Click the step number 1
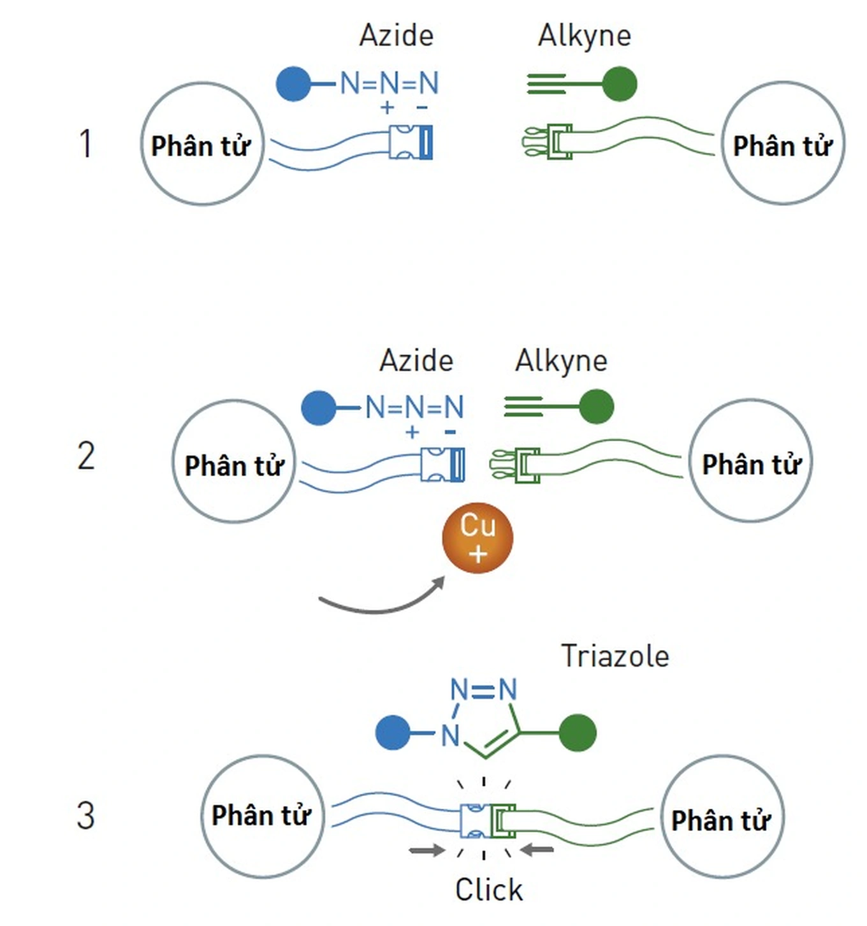pyautogui.click(x=85, y=143)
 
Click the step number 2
pyautogui.click(x=86, y=456)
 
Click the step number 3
pyautogui.click(x=86, y=816)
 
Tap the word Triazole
pyautogui.click(x=615, y=656)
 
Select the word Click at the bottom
pyautogui.click(x=489, y=890)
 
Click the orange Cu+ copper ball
pyautogui.click(x=477, y=538)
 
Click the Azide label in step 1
pyautogui.click(x=396, y=35)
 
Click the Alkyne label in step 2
pyautogui.click(x=561, y=361)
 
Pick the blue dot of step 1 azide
pyautogui.click(x=293, y=83)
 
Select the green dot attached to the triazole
pyautogui.click(x=578, y=733)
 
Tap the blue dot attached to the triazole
pyautogui.click(x=393, y=733)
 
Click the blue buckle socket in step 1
pyautogui.click(x=411, y=142)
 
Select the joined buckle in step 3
pyautogui.click(x=488, y=821)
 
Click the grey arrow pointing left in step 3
pyautogui.click(x=537, y=849)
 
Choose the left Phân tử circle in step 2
pyautogui.click(x=234, y=461)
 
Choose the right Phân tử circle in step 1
pyautogui.click(x=782, y=143)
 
